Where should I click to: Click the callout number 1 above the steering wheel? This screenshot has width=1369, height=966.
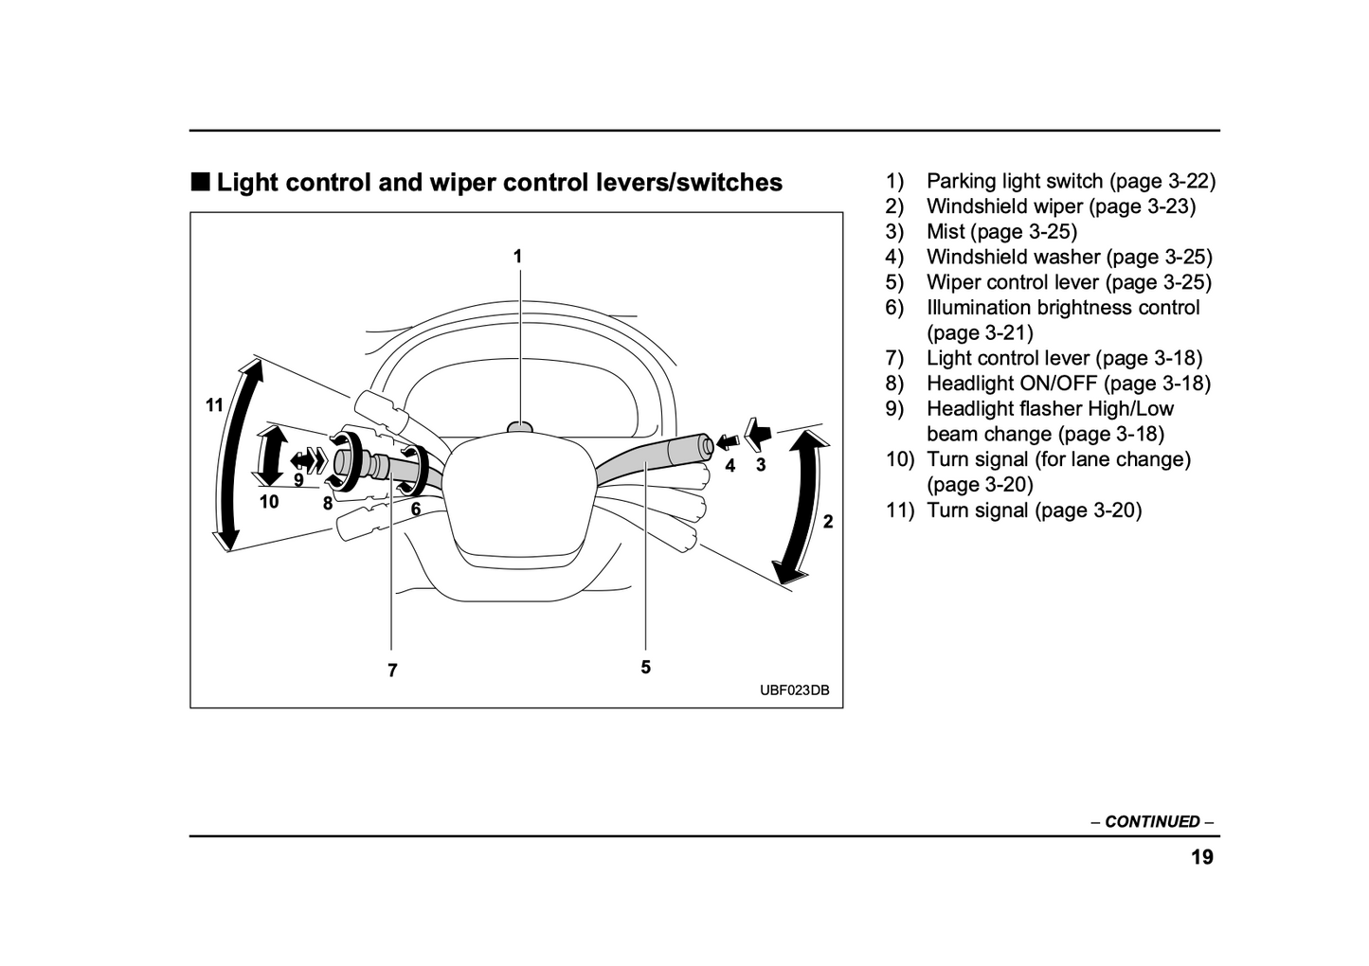click(x=517, y=256)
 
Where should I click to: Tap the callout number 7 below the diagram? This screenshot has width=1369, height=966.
click(x=392, y=671)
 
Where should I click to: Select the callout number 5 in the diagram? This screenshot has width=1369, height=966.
click(x=645, y=667)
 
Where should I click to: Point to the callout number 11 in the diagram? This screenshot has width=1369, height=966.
click(x=215, y=405)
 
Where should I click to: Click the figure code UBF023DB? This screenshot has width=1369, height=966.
click(x=794, y=690)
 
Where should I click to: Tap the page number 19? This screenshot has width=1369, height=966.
click(x=1201, y=858)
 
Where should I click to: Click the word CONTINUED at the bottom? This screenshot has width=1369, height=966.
click(x=1152, y=822)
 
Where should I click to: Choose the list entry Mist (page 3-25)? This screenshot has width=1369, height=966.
click(x=1001, y=231)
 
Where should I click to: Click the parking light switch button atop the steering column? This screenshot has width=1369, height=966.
click(x=519, y=427)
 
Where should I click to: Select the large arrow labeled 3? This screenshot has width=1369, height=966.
click(x=758, y=434)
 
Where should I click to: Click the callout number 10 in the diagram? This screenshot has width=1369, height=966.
click(x=269, y=502)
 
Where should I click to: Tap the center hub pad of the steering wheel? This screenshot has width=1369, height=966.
click(x=516, y=492)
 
